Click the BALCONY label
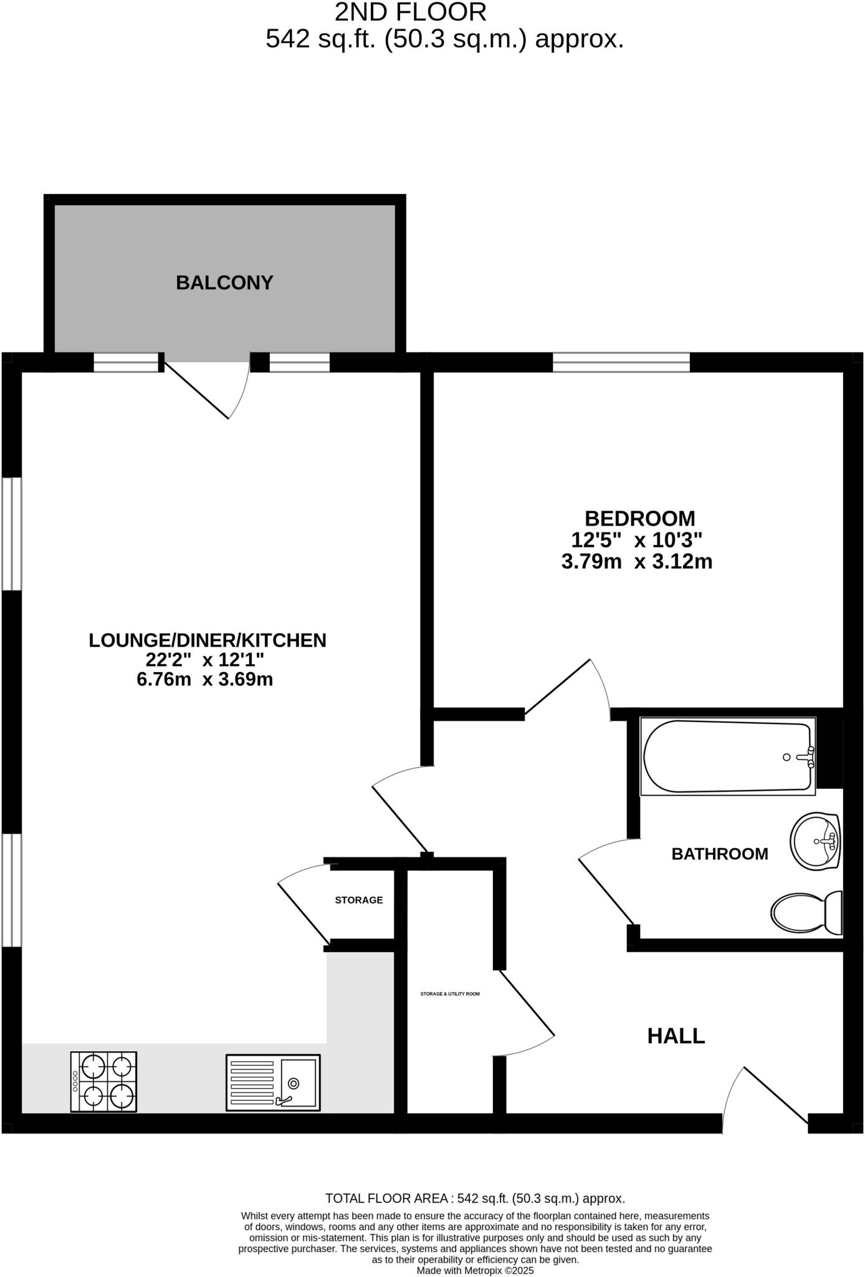pos(224,282)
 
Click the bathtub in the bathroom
pos(728,756)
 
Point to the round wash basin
pos(816,841)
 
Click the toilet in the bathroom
pos(806,912)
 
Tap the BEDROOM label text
pos(639,518)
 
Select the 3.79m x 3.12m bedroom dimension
pos(637,562)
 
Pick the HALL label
pos(676,1036)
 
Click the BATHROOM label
pos(719,854)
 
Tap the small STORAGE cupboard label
pos(359,900)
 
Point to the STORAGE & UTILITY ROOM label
pos(450,994)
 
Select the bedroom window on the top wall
pos(621,362)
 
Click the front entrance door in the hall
pos(770,1097)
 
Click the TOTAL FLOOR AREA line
pos(475,1198)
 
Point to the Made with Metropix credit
pos(475,1270)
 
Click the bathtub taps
pos(810,756)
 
